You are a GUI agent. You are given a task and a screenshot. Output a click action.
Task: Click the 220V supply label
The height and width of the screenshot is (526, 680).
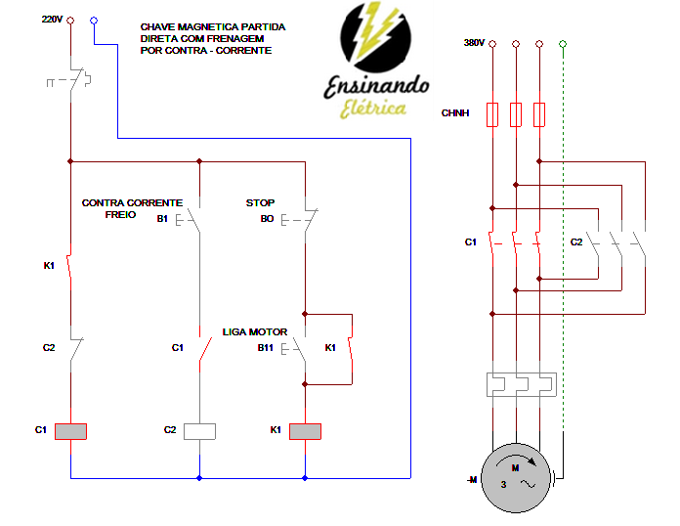[52, 20]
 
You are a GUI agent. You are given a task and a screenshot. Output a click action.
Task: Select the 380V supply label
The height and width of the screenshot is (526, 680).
[474, 43]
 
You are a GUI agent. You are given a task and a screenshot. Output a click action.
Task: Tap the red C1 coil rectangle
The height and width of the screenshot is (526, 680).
[70, 430]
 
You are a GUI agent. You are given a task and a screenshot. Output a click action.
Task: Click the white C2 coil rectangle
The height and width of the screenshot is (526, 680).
[199, 430]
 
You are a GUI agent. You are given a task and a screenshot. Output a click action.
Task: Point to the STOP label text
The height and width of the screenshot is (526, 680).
[260, 203]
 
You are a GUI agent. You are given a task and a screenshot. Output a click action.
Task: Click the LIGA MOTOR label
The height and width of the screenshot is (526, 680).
[255, 332]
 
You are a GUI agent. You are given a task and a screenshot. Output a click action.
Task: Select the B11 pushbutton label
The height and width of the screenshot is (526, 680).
[265, 347]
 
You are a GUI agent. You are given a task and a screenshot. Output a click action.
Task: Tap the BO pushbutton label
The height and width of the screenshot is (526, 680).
[267, 219]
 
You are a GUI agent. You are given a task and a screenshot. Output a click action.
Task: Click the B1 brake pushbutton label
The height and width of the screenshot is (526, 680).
[162, 218]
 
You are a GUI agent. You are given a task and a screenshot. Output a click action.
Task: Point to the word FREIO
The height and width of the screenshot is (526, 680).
[121, 213]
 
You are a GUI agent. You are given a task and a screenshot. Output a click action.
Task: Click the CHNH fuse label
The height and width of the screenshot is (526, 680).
[455, 114]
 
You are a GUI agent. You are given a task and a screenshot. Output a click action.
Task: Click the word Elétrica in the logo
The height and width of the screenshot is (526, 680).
[373, 109]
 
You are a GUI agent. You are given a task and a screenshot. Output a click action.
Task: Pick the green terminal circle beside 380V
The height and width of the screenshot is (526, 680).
[563, 44]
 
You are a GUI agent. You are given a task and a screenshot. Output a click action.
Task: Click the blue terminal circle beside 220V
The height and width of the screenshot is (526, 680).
[93, 20]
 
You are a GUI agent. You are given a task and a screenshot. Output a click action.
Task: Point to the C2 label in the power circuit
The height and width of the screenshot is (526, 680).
[576, 241]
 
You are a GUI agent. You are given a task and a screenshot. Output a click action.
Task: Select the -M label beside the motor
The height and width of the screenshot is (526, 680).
[472, 480]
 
